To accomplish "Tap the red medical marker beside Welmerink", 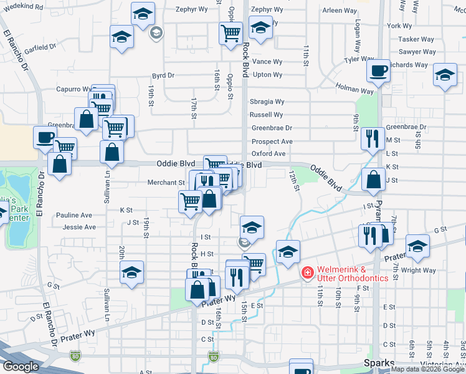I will tap(307, 273).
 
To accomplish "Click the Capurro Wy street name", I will tap(74, 89).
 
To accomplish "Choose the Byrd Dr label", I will tap(163, 75).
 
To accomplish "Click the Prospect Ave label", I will tap(272, 141).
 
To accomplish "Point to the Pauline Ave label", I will tap(74, 215).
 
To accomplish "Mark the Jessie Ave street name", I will tap(78, 228).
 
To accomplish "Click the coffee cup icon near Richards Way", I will tap(378, 72).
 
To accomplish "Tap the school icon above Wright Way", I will tap(417, 246).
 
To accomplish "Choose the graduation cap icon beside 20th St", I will tap(131, 272).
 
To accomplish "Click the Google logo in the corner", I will tap(21, 367).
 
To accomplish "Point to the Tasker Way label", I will tap(416, 39).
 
